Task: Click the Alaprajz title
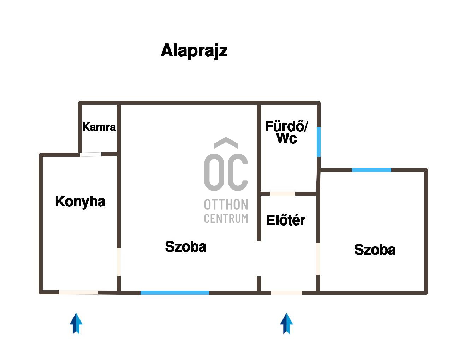194,51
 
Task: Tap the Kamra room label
99,127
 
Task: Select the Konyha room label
80,202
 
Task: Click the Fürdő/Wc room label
286,132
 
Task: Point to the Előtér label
286,220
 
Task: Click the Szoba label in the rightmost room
375,250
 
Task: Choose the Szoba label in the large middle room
185,246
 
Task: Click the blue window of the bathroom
319,142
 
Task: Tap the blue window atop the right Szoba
371,170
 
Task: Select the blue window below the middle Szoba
175,293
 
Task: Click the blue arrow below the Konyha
76,323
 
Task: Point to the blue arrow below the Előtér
286,323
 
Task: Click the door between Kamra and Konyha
90,154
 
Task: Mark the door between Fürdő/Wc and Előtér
282,193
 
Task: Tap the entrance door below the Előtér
287,293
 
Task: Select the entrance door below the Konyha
78,292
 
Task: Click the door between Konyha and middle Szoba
119,262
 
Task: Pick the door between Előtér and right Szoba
318,259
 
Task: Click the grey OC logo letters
226,172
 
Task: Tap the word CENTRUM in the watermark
226,219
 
